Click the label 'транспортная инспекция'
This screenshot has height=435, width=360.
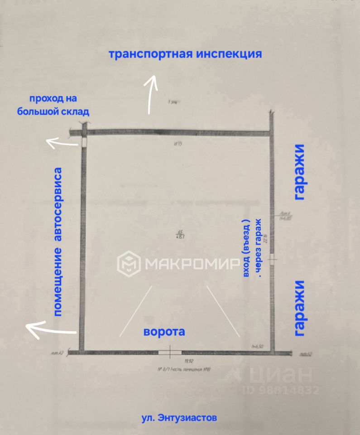[185, 54]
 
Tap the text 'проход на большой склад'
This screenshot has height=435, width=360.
[53, 105]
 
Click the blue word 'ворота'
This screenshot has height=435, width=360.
[164, 331]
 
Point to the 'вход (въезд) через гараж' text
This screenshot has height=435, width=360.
[252, 246]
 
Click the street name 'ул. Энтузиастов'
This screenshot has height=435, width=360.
[179, 417]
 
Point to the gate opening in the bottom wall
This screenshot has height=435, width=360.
[169, 352]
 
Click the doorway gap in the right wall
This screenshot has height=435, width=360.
[271, 259]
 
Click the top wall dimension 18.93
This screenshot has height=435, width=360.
[177, 145]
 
